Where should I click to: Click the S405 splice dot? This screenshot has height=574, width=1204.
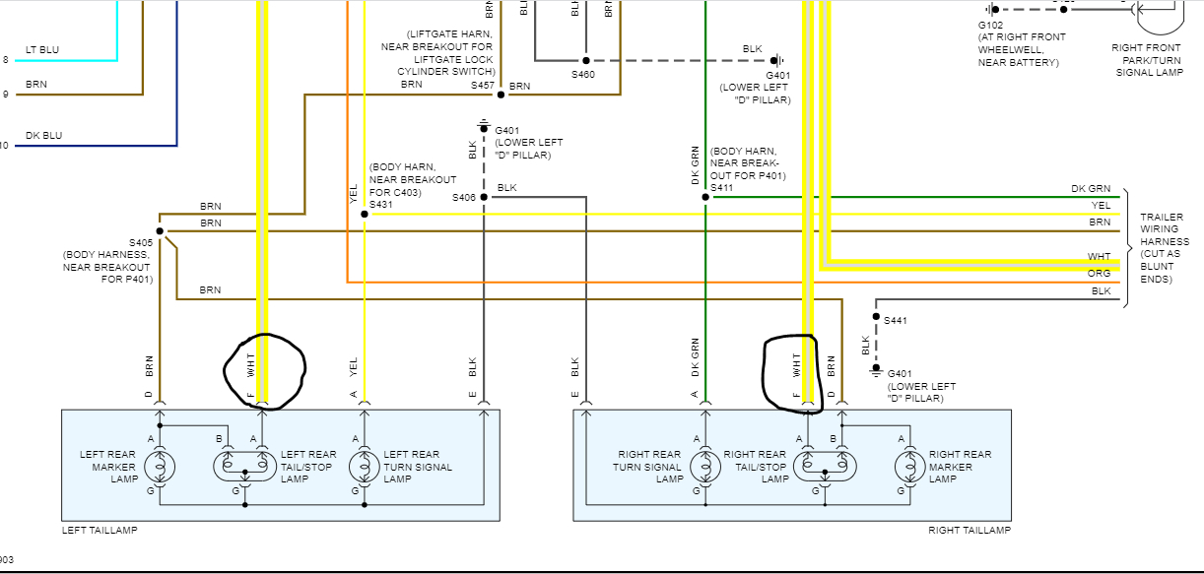point(159,230)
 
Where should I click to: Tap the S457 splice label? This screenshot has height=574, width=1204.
point(482,86)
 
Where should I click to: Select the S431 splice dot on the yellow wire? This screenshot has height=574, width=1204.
point(365,214)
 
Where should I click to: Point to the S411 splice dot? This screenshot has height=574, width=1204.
point(705,197)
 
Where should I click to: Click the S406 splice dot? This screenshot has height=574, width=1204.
point(483,197)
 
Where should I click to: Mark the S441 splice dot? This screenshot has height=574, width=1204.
point(875,316)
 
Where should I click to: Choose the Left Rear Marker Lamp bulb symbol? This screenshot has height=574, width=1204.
point(159,464)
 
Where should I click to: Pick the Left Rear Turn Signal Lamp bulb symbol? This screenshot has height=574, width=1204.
point(365,464)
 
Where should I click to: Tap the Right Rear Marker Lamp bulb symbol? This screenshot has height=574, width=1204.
point(903,464)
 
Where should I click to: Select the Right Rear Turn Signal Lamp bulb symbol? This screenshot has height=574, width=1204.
point(705,464)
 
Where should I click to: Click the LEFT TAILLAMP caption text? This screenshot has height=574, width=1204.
point(100,531)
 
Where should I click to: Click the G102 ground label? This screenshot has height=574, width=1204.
point(990,24)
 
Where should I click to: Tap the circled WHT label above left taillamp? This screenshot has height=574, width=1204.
point(251,367)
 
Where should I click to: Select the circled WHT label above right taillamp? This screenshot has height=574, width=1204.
point(796,367)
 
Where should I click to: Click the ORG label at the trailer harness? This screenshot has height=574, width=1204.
point(1099,274)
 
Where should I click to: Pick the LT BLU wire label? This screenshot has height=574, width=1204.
point(41,48)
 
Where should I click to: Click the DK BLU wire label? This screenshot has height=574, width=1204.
point(41,134)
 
